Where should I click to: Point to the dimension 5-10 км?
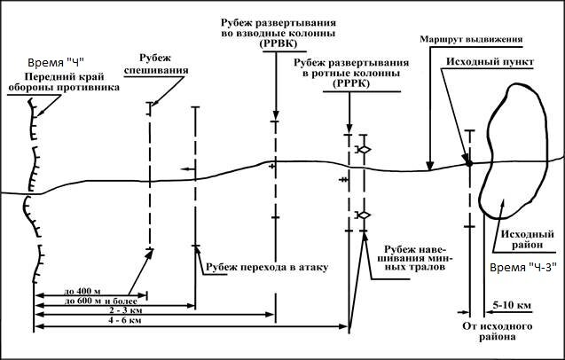tap(513, 304)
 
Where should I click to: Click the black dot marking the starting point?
tap(467, 161)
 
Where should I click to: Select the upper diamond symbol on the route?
tap(362, 149)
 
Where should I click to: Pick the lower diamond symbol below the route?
tap(362, 215)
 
